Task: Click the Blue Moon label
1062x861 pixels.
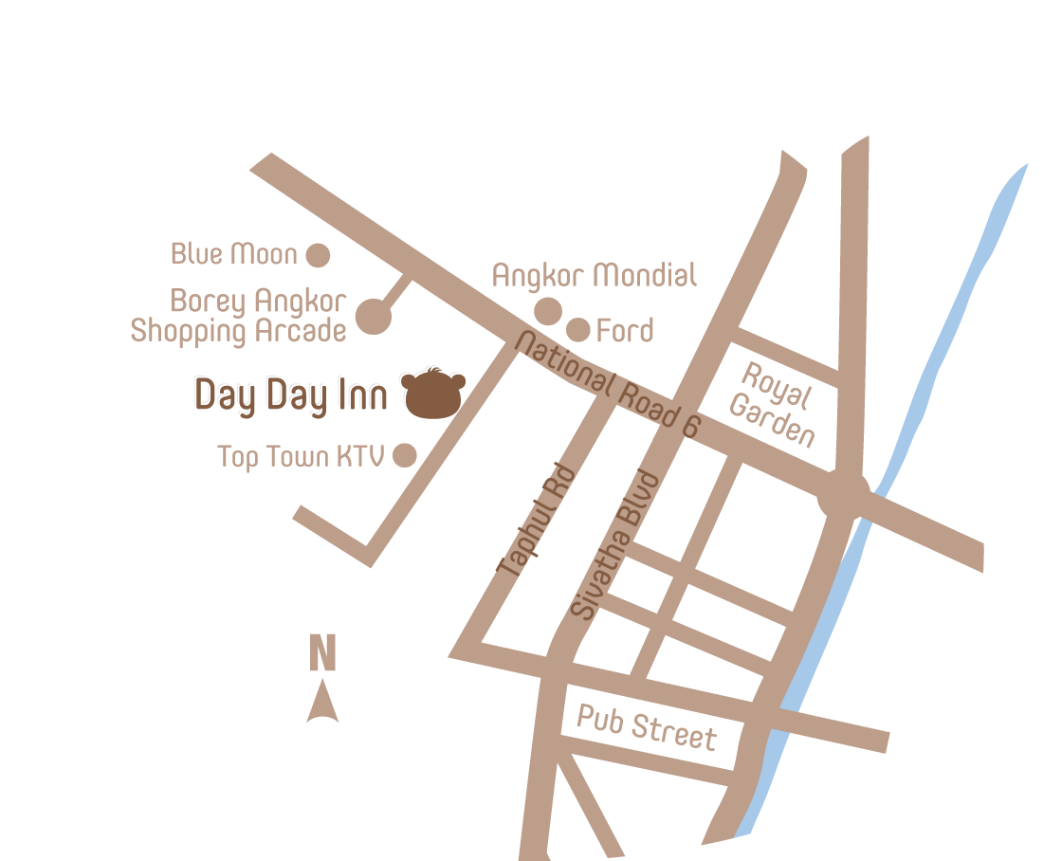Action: click(233, 254)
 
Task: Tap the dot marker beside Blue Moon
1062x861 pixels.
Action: click(318, 255)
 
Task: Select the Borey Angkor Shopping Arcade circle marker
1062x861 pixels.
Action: click(375, 317)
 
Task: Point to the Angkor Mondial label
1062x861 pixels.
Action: click(595, 276)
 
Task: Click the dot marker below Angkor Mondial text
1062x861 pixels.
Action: click(548, 311)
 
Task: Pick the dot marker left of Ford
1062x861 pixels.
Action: click(578, 330)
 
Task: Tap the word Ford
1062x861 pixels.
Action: click(625, 331)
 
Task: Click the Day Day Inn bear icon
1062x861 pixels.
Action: click(433, 394)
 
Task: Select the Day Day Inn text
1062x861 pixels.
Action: click(291, 395)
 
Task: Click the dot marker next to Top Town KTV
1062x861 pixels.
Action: click(405, 455)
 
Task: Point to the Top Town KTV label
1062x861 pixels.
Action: click(301, 456)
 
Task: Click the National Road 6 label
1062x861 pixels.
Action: click(606, 384)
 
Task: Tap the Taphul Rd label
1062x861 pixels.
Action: click(537, 521)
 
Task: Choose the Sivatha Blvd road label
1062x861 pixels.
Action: click(614, 545)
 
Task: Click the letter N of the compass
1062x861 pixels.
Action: click(322, 653)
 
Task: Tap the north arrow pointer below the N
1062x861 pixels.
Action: click(322, 702)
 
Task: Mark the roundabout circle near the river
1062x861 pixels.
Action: click(843, 494)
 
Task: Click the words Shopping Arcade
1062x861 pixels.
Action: click(238, 331)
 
